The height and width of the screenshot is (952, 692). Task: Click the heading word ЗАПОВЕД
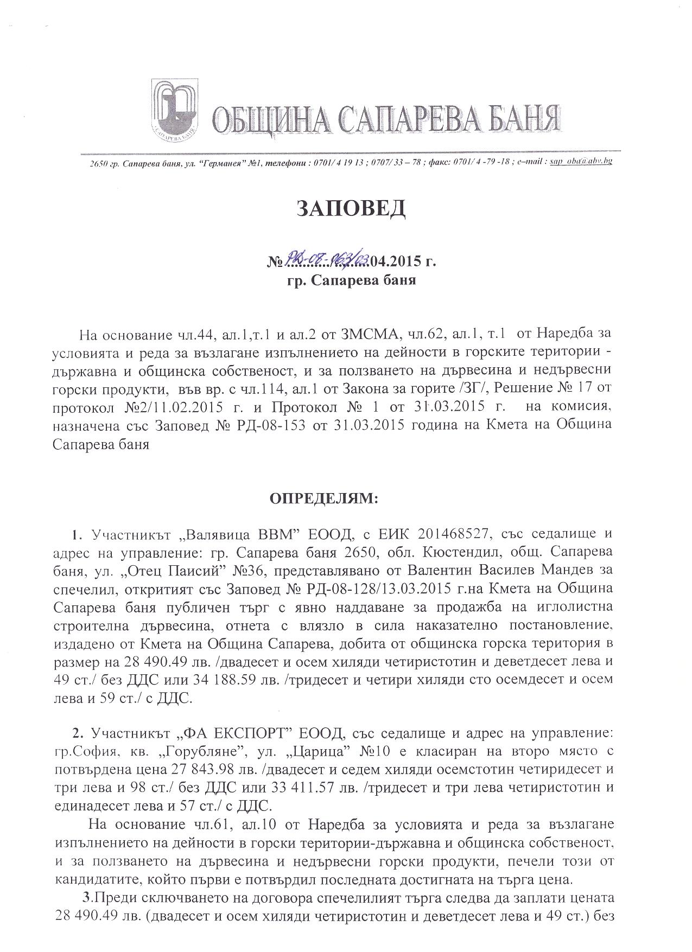[x=351, y=209]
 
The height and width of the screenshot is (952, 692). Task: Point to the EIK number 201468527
[x=455, y=534]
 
